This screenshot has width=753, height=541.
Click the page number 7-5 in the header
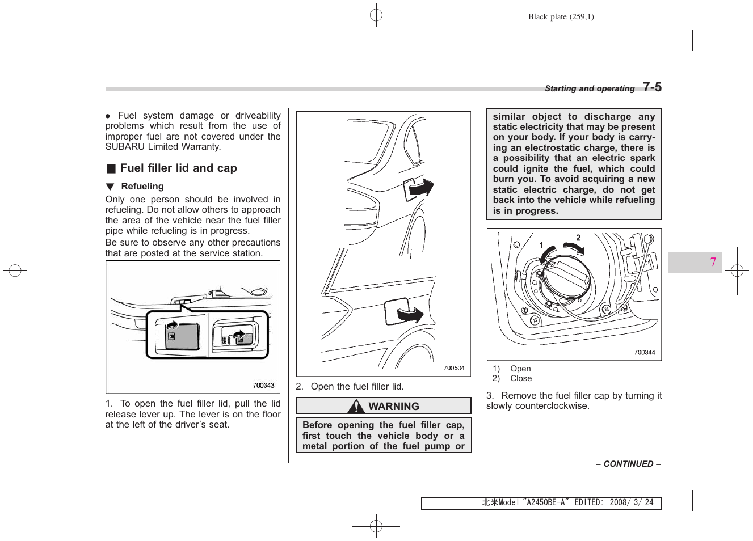(x=652, y=87)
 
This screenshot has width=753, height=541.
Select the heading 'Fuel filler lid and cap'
(x=178, y=168)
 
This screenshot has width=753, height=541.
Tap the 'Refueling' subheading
(x=142, y=187)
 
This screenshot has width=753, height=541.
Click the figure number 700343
(x=263, y=386)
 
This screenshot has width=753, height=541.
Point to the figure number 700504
(x=453, y=368)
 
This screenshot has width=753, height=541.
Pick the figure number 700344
(x=644, y=353)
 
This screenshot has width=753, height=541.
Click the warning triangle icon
(x=356, y=406)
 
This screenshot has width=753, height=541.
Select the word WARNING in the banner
(x=393, y=407)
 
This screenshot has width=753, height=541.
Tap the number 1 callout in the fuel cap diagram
(x=541, y=246)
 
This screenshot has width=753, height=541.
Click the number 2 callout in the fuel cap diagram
(x=578, y=238)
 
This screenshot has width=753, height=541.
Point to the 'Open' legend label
(x=520, y=369)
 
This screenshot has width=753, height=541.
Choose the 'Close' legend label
(x=521, y=379)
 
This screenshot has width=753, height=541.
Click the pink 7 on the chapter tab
(x=713, y=262)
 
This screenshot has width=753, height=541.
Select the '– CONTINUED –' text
(x=628, y=464)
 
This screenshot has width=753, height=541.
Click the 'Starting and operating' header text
(x=589, y=88)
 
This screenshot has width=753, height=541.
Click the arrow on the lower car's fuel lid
(x=410, y=314)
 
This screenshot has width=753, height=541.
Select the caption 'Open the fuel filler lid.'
(x=357, y=387)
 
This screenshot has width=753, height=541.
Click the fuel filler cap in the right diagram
(x=566, y=277)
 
